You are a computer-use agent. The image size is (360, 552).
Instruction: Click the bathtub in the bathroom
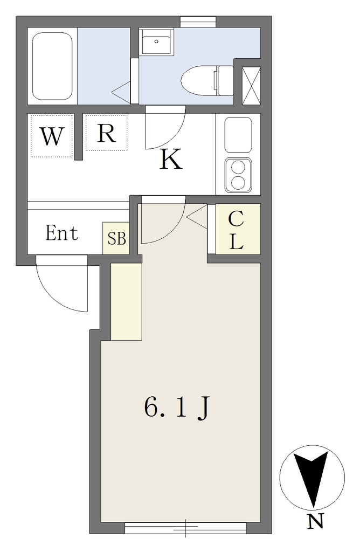click(x=52, y=66)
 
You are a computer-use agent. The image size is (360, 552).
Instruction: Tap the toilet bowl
click(x=199, y=80)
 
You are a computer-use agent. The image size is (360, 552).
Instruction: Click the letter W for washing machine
click(x=52, y=137)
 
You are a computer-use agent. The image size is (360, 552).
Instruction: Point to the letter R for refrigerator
click(x=106, y=133)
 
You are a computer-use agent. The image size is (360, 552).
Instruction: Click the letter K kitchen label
click(x=171, y=159)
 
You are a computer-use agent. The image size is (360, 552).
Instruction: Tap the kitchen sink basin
click(x=238, y=135)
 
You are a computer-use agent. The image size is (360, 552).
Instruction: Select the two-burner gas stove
click(x=238, y=175)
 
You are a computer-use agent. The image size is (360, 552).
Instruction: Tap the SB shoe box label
click(x=116, y=238)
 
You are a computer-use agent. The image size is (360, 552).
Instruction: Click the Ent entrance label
click(x=62, y=234)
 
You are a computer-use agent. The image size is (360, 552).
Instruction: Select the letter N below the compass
click(x=315, y=522)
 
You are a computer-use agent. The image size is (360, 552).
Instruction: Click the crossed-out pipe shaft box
click(x=251, y=85)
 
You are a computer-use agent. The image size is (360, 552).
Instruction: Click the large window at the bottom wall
click(x=185, y=527)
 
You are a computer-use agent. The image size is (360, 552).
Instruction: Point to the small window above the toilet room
click(x=198, y=21)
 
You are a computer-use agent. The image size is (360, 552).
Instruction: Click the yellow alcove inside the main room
click(x=126, y=302)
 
